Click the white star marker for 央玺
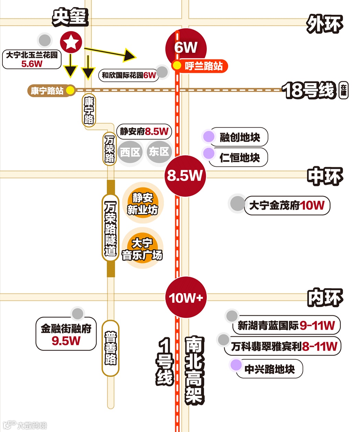click(71, 42)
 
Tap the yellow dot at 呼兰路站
click(177, 65)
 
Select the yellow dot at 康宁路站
click(70, 90)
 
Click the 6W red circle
click(186, 47)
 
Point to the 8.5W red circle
click(185, 176)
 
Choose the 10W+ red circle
click(186, 297)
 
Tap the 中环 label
click(325, 176)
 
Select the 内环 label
click(325, 297)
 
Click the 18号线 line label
click(308, 90)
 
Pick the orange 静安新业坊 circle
click(143, 203)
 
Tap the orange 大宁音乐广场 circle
click(142, 249)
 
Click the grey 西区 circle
click(130, 152)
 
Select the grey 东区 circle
click(159, 151)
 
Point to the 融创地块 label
click(239, 137)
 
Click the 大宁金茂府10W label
click(287, 205)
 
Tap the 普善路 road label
click(111, 348)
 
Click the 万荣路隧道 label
click(110, 228)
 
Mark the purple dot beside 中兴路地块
click(236, 365)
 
